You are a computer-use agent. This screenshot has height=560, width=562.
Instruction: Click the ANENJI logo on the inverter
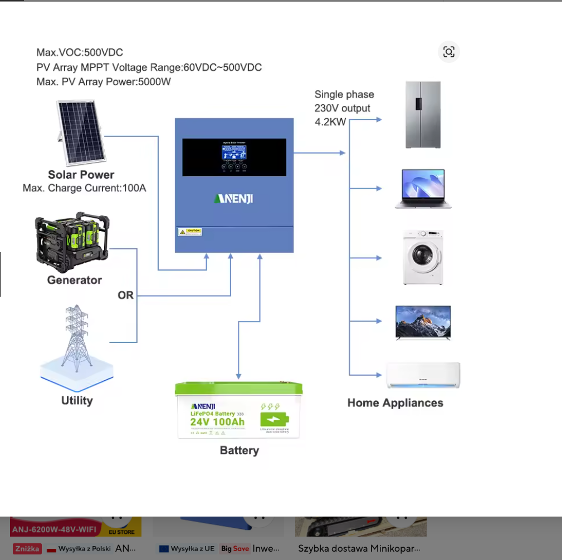coord(233,198)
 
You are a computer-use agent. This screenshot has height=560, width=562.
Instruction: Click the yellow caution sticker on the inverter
coord(189,232)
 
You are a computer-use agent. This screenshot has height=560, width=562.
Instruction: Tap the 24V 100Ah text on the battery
coord(217,421)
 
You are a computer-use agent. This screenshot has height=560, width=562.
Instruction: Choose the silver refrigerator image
coord(423,115)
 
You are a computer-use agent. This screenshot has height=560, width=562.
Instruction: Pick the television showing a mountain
coord(423,322)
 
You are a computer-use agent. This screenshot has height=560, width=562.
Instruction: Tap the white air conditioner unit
coord(423,376)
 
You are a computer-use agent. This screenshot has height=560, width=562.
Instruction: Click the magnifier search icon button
coord(449,52)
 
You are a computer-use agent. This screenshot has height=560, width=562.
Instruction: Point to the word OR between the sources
coord(126,295)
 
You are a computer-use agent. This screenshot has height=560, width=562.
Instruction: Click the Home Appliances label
coord(395,403)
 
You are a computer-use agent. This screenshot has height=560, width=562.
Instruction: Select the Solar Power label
coord(81,175)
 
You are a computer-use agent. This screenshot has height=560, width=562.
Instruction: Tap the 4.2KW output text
coord(331,122)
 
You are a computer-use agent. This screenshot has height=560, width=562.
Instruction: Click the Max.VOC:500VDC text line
coord(80,53)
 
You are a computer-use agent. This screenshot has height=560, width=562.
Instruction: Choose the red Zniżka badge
coord(27,548)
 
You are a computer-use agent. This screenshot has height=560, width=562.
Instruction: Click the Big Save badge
coord(234,548)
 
